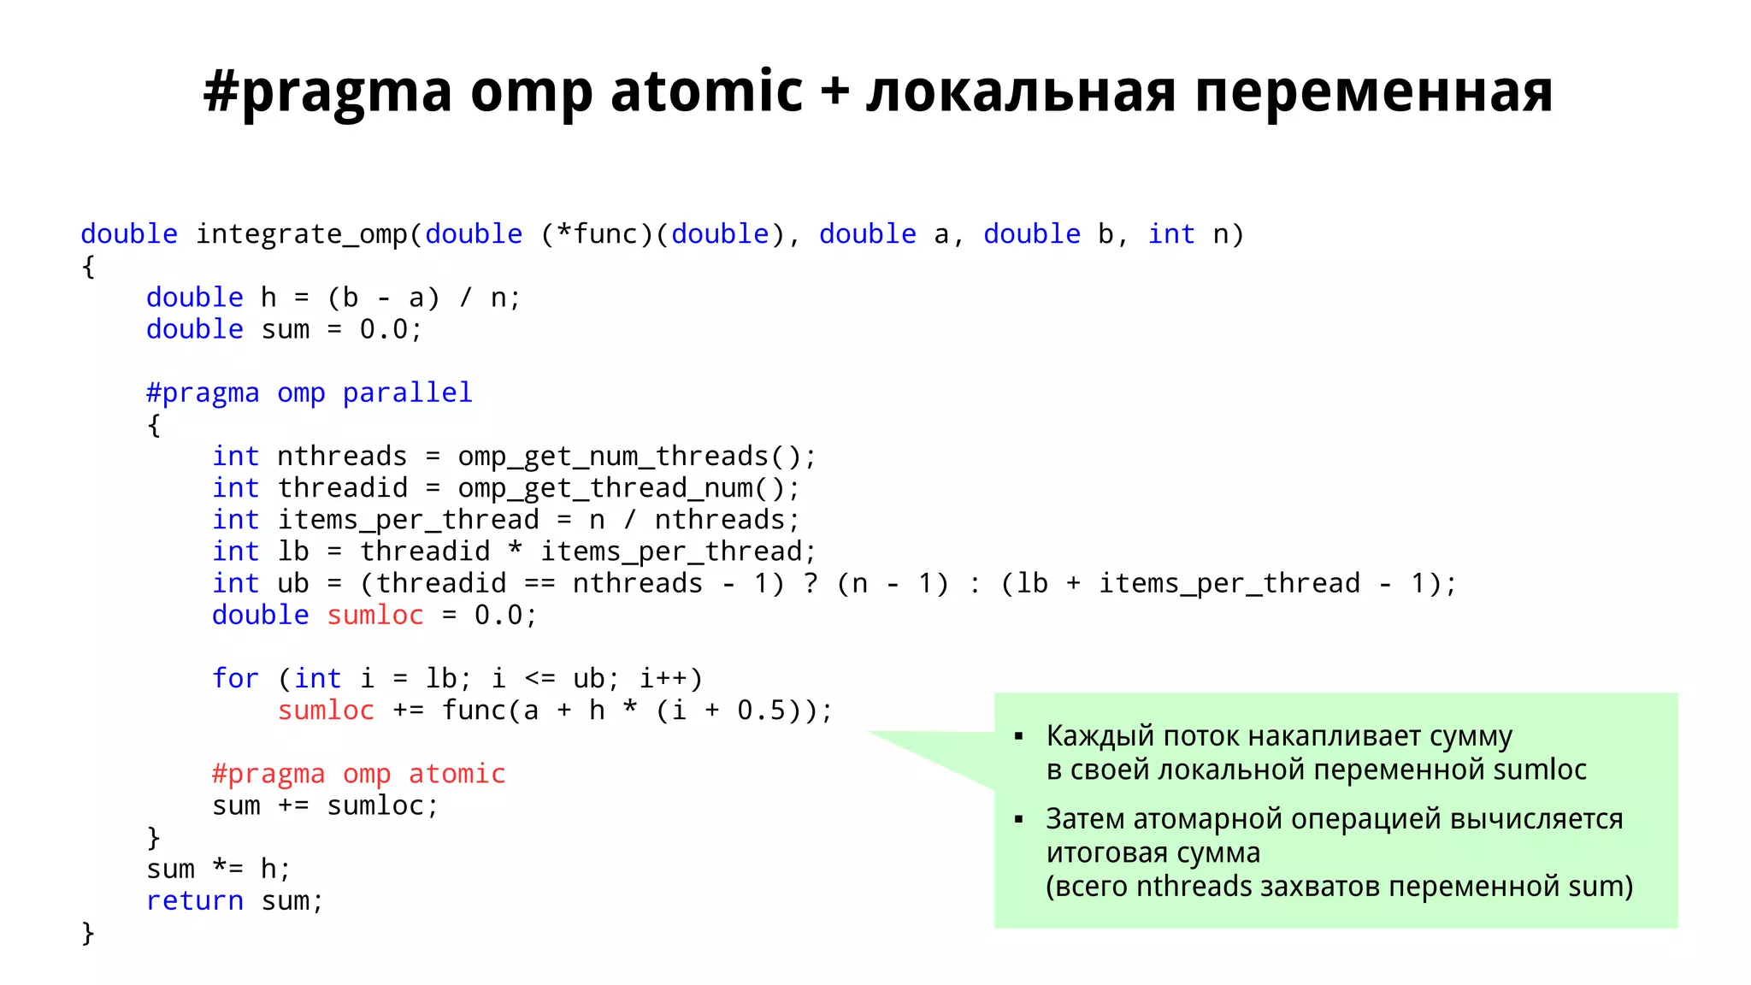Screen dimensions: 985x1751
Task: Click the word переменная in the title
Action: [1373, 92]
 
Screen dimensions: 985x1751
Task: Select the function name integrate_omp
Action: [302, 234]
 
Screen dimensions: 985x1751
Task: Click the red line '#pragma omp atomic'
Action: [358, 774]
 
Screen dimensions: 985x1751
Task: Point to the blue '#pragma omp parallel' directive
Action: [309, 393]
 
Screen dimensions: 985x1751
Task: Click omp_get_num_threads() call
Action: [636, 457]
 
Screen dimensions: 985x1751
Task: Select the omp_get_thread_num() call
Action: [628, 488]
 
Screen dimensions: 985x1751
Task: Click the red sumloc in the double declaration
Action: [375, 616]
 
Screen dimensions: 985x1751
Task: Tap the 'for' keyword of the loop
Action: [235, 679]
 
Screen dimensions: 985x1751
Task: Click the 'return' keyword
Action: [194, 901]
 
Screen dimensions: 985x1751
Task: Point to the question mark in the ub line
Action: [811, 583]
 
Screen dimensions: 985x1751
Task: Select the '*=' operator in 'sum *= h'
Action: [227, 870]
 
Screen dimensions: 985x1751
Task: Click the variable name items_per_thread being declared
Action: [408, 520]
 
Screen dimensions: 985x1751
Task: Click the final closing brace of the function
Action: [87, 933]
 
